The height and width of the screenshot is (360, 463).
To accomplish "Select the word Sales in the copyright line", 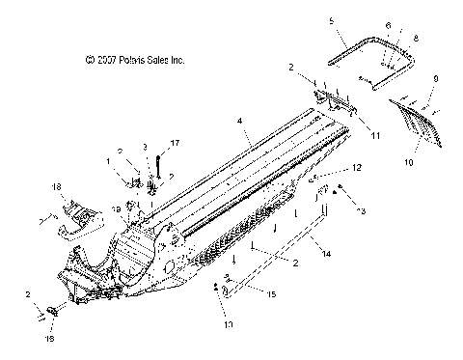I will click(x=155, y=60).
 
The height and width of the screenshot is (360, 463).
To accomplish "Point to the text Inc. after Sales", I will click(x=177, y=60).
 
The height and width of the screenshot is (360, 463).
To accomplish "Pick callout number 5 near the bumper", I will click(x=331, y=20).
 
